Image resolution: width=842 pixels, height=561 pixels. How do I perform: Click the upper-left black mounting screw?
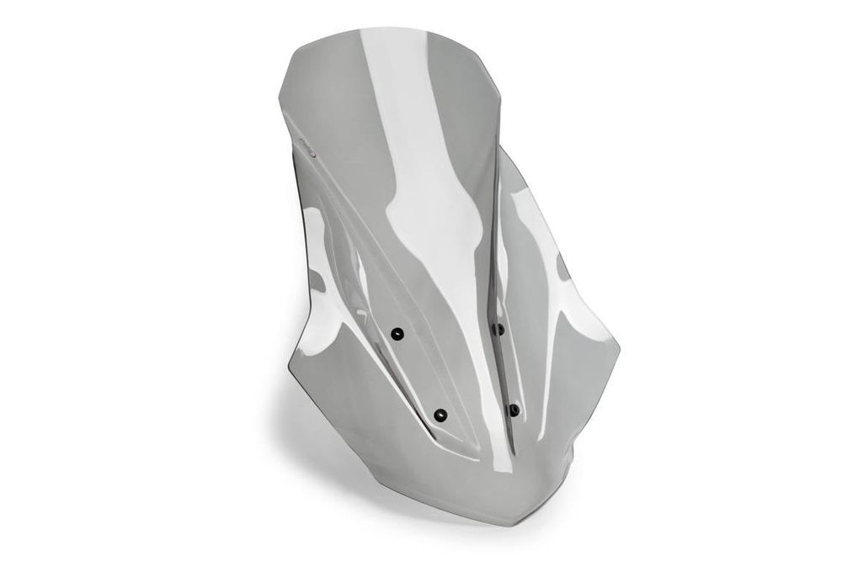pos(401,334)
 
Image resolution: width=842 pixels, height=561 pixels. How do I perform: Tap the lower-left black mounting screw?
pos(440,414)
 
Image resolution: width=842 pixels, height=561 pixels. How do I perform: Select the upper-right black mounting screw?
pos(498,329)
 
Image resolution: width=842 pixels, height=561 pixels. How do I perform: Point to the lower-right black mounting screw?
pos(514,410)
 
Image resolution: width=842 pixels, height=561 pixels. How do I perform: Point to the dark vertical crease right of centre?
pos(493,252)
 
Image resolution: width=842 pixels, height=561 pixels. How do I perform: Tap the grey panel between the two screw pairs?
pos(463,370)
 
